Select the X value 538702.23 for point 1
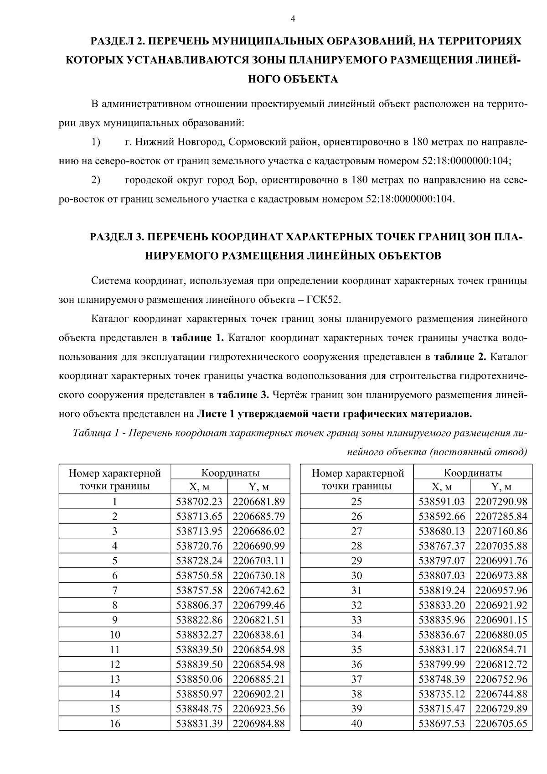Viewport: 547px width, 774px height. coord(199,502)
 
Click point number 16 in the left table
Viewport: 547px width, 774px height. coord(115,723)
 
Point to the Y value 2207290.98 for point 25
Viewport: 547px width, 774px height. coord(501,502)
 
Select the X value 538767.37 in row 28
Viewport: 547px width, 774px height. coord(442,546)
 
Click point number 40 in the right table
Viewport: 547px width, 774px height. coord(357,723)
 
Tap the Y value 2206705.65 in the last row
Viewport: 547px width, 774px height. coord(501,723)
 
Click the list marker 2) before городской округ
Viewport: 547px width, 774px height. coord(96,180)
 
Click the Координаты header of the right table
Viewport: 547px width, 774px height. coord(473,473)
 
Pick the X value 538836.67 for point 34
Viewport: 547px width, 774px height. coord(442,634)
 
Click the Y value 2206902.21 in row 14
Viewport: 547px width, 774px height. coord(258,694)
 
